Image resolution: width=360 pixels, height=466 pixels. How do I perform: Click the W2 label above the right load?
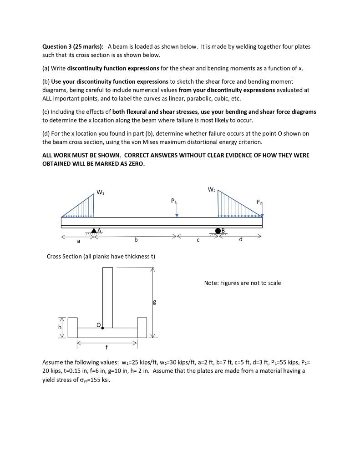[x=212, y=189]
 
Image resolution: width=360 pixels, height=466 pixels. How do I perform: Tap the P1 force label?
[x=173, y=200]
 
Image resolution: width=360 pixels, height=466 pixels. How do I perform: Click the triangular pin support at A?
[x=94, y=231]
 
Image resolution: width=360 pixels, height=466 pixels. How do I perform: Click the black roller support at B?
[x=218, y=231]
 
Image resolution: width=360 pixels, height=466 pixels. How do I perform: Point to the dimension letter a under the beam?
[x=78, y=241]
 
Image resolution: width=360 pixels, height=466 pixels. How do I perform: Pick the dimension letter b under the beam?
[x=136, y=240]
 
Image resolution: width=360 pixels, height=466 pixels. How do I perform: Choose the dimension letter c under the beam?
[x=198, y=241]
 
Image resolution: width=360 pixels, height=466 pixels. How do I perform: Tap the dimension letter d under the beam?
[x=240, y=240]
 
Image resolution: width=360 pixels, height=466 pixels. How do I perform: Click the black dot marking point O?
[x=103, y=328]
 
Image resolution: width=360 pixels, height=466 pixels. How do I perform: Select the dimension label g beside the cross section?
[x=154, y=301]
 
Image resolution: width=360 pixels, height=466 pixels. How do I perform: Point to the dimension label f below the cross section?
[x=106, y=349]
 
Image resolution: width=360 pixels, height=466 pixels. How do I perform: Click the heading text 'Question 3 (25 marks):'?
[x=73, y=47]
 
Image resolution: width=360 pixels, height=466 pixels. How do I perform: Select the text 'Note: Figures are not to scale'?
[x=243, y=283]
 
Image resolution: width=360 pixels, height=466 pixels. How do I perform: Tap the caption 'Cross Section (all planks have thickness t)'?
[x=101, y=257]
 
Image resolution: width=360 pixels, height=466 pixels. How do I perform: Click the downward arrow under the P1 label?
[x=177, y=211]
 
